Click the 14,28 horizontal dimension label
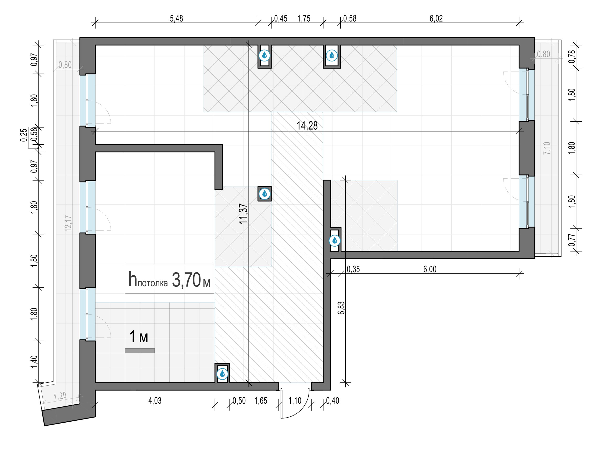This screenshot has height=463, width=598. [x=307, y=126]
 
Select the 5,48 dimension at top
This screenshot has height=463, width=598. [x=176, y=18]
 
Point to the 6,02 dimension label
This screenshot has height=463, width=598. [x=436, y=18]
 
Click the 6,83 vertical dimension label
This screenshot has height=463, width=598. [x=341, y=308]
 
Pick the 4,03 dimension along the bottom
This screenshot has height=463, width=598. [x=155, y=401]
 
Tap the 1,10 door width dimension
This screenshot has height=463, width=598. [x=295, y=401]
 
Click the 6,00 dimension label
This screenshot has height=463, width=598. [x=430, y=269]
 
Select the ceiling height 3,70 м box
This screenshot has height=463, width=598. [x=170, y=279]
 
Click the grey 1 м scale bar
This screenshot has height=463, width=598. [x=140, y=351]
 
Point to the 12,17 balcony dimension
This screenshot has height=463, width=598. [x=68, y=223]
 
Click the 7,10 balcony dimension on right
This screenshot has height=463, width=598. [x=547, y=148]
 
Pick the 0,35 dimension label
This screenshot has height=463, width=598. [x=353, y=269]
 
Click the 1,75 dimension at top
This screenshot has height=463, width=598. [x=304, y=18]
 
